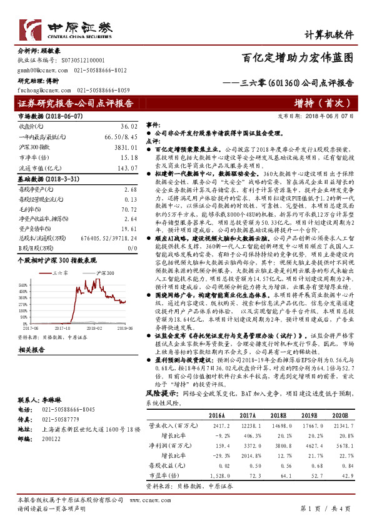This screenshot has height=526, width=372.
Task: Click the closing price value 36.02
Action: point(128,126)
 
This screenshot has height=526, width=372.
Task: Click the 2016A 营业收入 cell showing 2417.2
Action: point(216,442)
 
